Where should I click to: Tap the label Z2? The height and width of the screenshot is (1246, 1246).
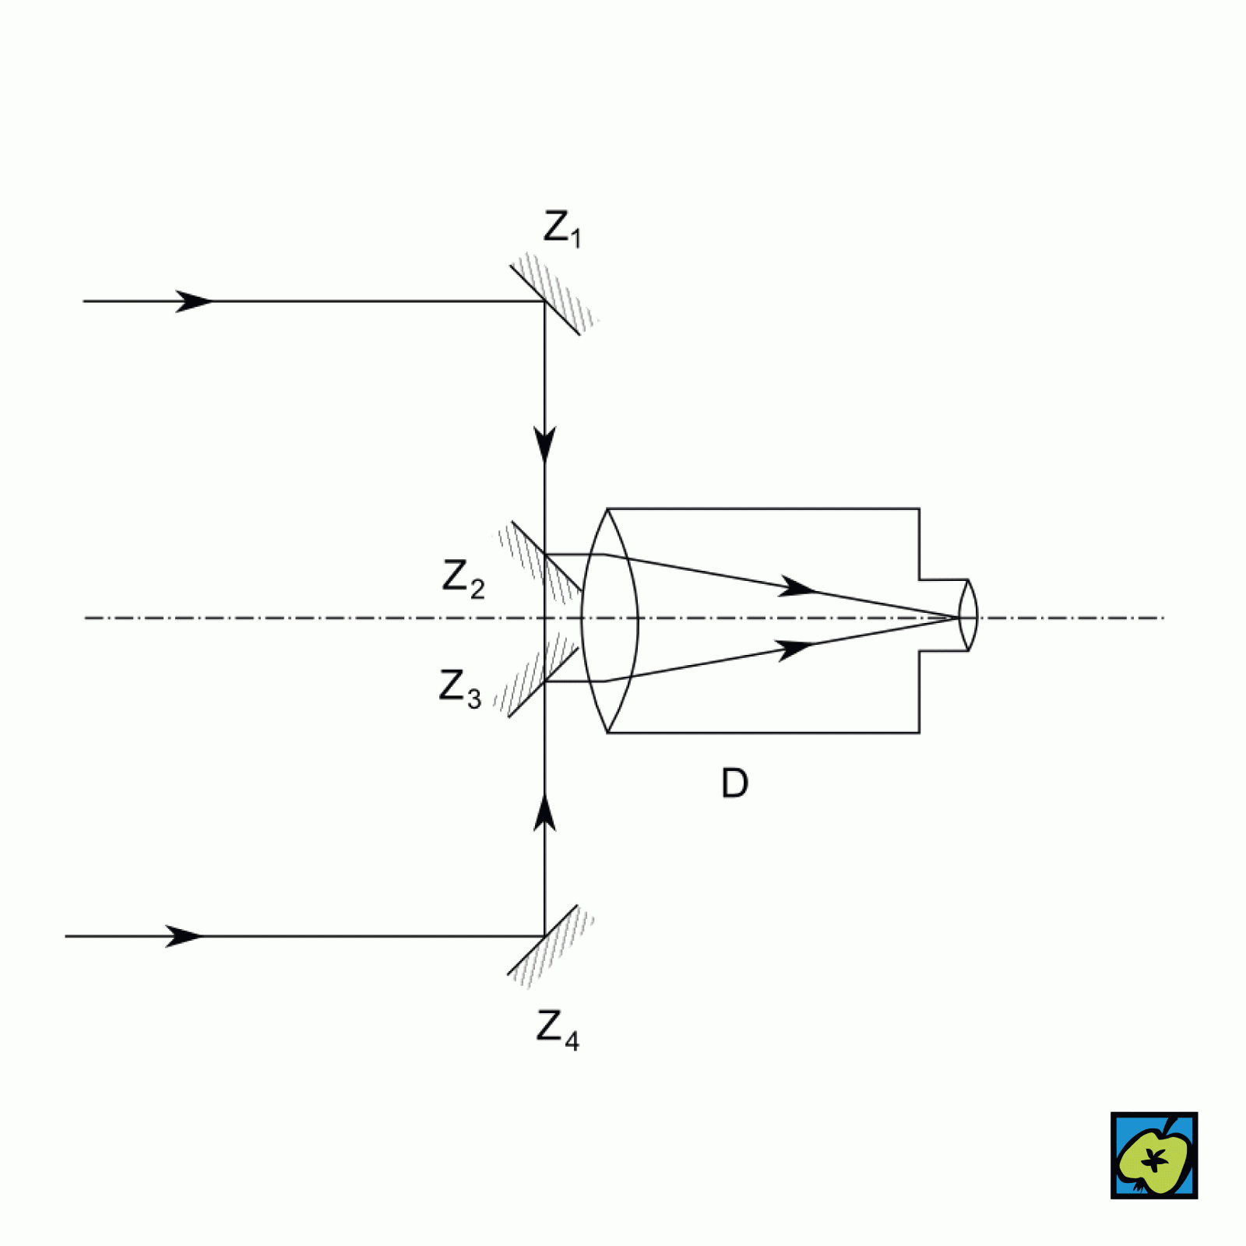[x=463, y=578]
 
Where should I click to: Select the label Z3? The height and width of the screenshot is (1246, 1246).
[x=459, y=688]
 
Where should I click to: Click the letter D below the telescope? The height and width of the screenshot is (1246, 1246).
[x=734, y=783]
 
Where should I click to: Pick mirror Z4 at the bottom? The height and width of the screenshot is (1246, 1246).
[x=543, y=939]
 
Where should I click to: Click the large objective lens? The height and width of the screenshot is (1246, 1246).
[x=610, y=620]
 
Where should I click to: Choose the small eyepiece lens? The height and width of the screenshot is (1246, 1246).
[x=968, y=615]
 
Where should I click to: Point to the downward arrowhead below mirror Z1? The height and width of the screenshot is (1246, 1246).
[x=545, y=444]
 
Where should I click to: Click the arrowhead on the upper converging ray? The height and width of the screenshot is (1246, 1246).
[x=797, y=587]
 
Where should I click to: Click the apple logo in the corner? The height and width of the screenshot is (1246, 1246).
[x=1153, y=1155]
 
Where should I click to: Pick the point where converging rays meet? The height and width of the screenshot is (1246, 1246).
[x=957, y=618]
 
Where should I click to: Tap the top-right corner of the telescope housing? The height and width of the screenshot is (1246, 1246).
[x=919, y=509]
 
